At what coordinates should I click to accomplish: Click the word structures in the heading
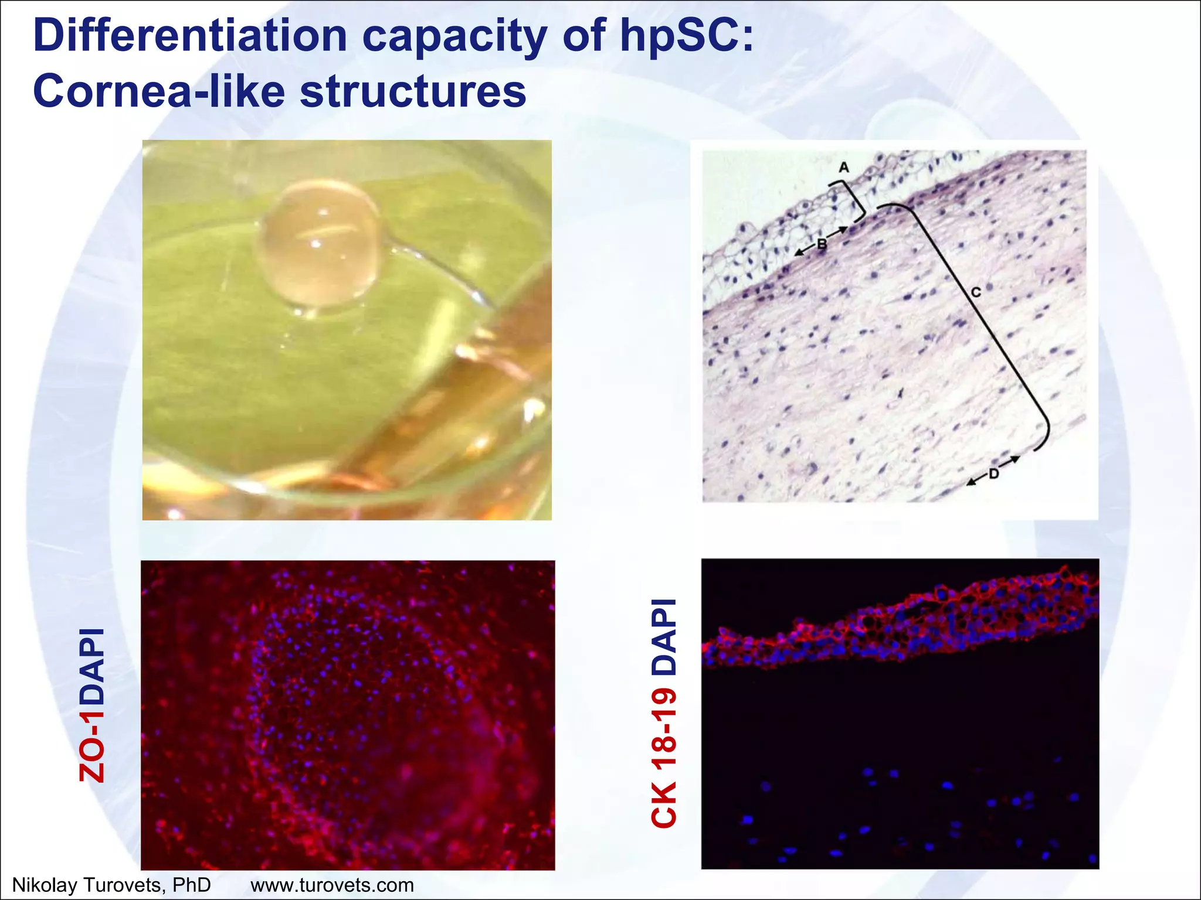point(413,92)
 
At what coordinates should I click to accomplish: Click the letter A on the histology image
point(843,168)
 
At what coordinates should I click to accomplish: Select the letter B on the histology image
point(822,244)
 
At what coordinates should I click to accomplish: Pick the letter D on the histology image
point(993,473)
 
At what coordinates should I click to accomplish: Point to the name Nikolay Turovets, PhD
point(111,885)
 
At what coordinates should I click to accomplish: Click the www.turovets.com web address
point(332,885)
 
